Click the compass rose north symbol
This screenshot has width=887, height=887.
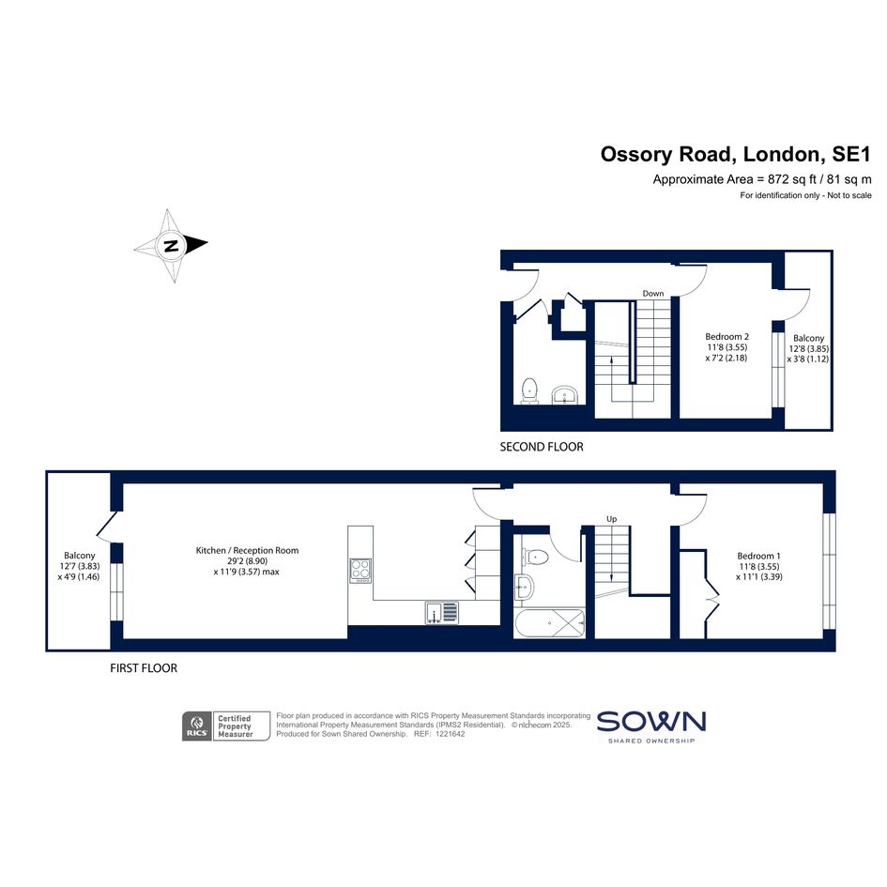point(171,246)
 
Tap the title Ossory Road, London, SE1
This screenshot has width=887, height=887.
point(735,155)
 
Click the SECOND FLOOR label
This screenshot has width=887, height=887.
point(542,447)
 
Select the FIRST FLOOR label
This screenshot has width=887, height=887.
point(144,668)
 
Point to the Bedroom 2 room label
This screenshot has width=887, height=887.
point(726,337)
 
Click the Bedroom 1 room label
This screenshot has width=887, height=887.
point(758,556)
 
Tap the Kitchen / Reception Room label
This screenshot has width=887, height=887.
point(247,550)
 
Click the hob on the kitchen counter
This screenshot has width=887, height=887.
point(361,571)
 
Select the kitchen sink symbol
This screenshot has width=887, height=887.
point(442,613)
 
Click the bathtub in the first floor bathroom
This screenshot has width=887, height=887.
point(549,623)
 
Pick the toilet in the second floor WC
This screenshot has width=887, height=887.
point(529,391)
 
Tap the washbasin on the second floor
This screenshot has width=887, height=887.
point(565,395)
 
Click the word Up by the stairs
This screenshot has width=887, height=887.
point(611,519)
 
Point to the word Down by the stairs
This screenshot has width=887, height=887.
point(652,294)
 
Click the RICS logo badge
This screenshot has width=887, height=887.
point(197,726)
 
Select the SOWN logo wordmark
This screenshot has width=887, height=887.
point(651,722)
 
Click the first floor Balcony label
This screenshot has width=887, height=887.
point(79,556)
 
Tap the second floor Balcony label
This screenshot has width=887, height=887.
point(808,338)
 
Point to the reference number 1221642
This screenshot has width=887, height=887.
point(448,734)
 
